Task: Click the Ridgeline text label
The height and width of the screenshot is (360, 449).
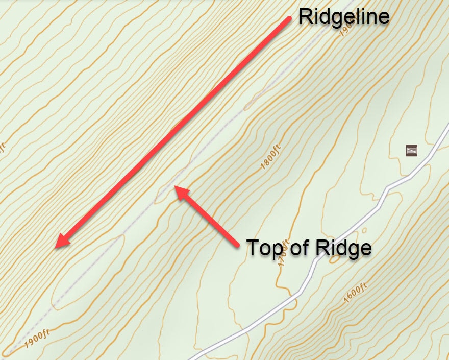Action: coord(344,17)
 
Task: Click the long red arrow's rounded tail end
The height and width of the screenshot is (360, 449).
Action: coord(288,19)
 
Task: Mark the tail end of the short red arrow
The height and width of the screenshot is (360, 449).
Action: coord(238,247)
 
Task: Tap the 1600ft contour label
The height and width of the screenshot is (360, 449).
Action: coord(355,293)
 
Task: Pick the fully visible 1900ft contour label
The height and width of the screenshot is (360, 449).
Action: coord(36,337)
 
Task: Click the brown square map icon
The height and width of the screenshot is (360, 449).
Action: coord(412,150)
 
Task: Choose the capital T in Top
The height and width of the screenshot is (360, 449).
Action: coord(253,248)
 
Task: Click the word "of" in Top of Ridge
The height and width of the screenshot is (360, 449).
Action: coord(298,248)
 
